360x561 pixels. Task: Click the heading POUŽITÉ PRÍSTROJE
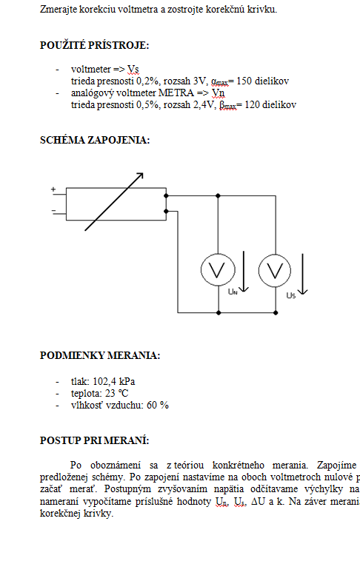(x=95, y=45)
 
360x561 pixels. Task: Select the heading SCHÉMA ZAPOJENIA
(x=95, y=140)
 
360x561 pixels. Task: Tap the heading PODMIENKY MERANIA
(x=100, y=355)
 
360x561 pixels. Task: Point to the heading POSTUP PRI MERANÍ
(x=95, y=440)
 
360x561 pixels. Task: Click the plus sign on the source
(x=53, y=189)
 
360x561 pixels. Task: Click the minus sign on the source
(x=53, y=211)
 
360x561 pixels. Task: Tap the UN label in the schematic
(x=233, y=292)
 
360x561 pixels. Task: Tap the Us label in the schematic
(x=291, y=295)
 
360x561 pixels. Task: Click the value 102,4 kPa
(x=114, y=381)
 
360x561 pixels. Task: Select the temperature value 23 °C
(x=117, y=393)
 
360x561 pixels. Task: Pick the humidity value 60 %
(x=158, y=405)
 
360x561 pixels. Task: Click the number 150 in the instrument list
(x=244, y=81)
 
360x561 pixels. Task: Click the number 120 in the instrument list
(x=252, y=105)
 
